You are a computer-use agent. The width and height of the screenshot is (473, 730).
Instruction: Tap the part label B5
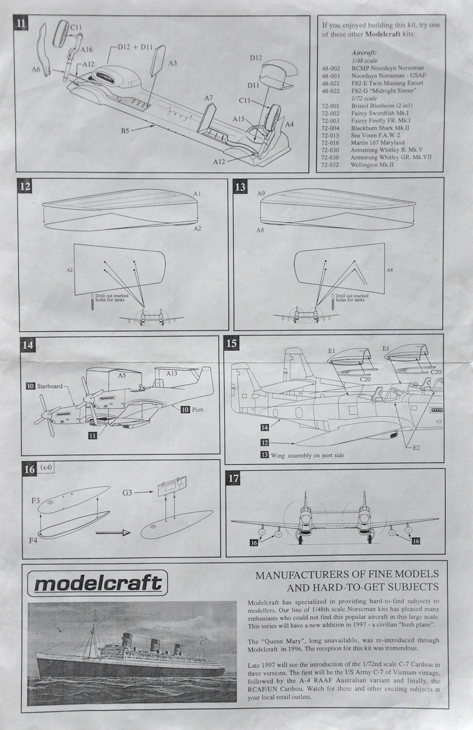[x=125, y=130]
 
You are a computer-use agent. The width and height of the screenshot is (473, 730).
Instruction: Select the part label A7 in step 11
[x=208, y=98]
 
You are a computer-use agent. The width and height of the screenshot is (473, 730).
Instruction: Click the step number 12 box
[x=25, y=186]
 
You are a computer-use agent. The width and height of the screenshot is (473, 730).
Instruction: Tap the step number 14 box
[x=27, y=345]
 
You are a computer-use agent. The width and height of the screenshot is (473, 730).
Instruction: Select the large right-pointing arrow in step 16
[x=113, y=532]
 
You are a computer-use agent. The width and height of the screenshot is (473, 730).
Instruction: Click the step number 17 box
[x=233, y=478]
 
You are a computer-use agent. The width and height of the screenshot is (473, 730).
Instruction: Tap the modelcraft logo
[x=97, y=583]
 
